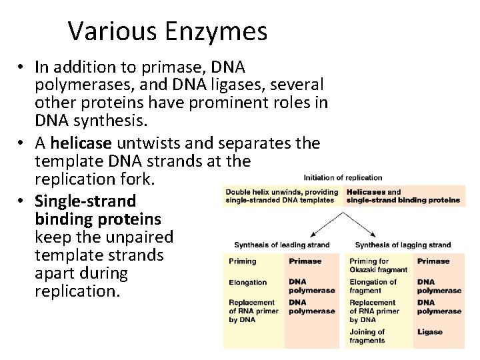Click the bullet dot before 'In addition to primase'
(x=22, y=67)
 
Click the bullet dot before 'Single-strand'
(x=22, y=201)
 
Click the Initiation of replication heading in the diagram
(x=343, y=178)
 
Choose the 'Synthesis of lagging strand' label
(x=403, y=245)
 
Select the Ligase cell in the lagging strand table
(x=430, y=331)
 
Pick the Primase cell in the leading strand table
(x=305, y=261)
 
